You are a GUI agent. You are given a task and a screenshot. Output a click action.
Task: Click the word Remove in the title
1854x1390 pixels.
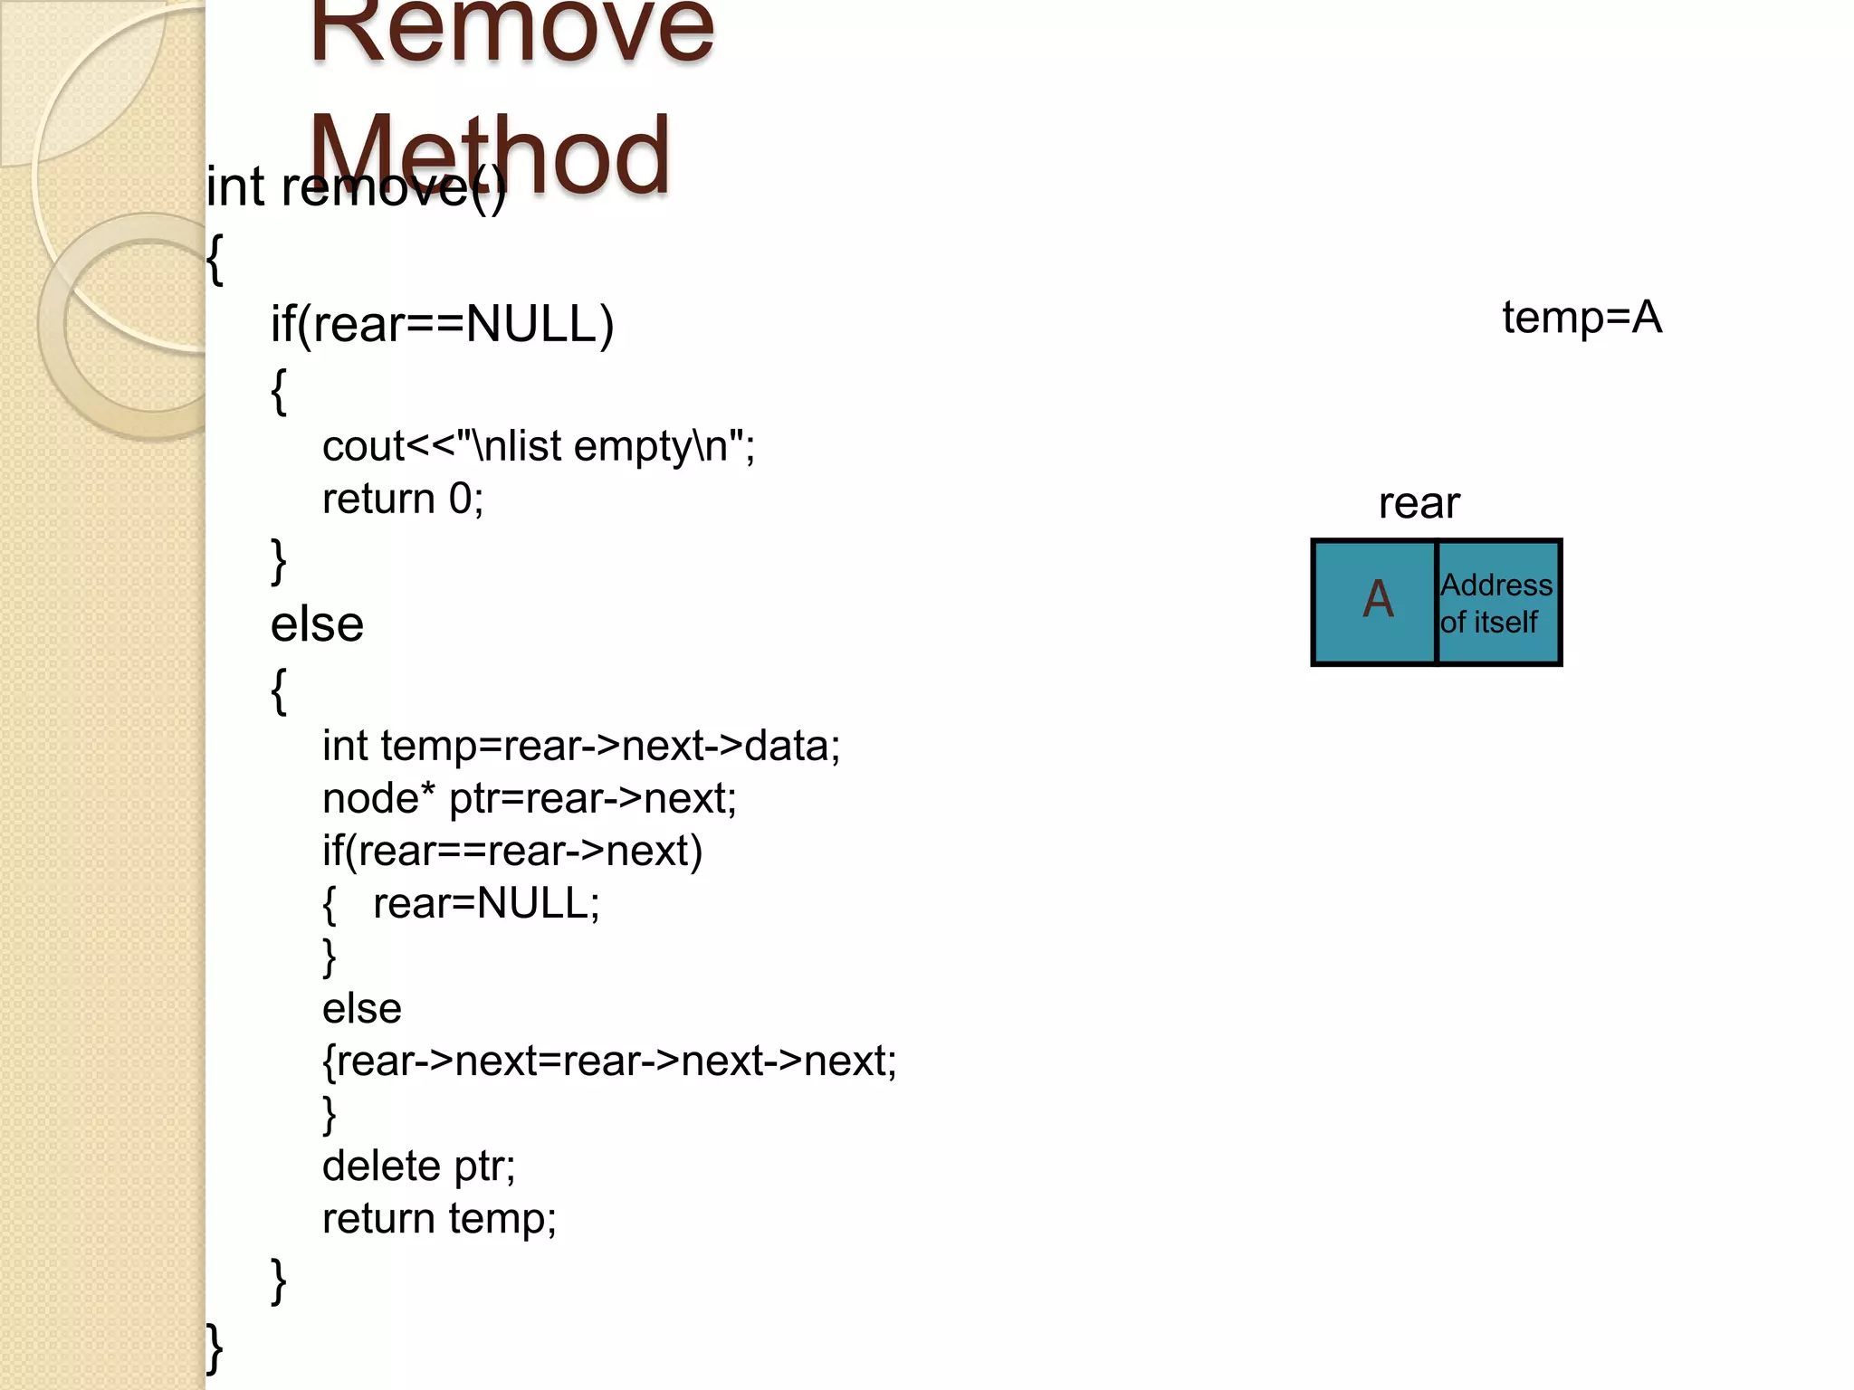pos(512,32)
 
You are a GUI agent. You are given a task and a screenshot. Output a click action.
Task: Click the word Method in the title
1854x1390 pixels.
pos(489,156)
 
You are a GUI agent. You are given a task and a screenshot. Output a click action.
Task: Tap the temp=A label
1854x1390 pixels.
pos(1582,318)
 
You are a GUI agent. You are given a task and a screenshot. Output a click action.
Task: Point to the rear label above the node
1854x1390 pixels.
pos(1419,503)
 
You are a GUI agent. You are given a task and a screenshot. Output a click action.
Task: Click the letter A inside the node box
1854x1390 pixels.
pos(1378,599)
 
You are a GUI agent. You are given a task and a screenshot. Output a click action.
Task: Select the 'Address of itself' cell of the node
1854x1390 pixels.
pos(1496,603)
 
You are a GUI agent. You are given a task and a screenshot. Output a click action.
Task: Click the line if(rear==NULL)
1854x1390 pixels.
pos(442,324)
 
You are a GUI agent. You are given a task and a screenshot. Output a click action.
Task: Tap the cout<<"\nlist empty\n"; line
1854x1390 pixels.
pos(538,446)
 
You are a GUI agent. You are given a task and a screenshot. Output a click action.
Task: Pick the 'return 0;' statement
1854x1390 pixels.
pos(403,499)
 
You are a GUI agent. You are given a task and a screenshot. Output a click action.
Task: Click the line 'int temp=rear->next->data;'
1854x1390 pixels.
pos(581,746)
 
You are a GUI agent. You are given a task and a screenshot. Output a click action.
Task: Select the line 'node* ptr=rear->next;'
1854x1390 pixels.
pos(530,798)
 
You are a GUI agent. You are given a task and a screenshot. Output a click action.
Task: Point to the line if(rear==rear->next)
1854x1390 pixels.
pos(512,851)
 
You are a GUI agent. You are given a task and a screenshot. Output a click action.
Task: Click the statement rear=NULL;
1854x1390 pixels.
pos(486,903)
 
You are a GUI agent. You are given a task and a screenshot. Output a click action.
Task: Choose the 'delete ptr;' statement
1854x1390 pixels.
pos(418,1166)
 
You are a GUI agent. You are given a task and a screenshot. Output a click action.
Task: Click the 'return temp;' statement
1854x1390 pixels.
pos(439,1218)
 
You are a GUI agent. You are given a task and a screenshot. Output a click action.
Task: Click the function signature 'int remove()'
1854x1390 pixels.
pos(355,187)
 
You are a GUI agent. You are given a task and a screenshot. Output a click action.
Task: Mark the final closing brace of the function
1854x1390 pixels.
pos(215,1348)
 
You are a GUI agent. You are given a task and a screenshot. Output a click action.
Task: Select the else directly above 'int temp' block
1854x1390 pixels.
pos(317,624)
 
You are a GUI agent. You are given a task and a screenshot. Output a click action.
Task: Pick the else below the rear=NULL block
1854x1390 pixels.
pos(361,1008)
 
